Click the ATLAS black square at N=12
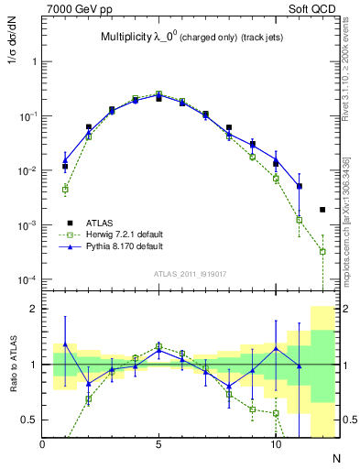tap(322, 210)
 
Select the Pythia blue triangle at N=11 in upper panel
tap(299, 186)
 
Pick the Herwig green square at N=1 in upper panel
tap(65, 190)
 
